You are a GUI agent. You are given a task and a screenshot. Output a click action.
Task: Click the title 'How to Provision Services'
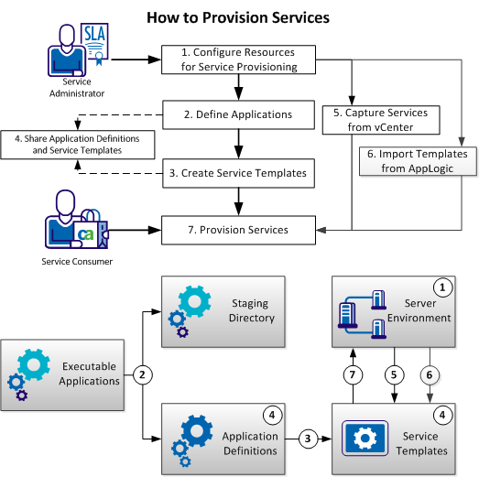238,18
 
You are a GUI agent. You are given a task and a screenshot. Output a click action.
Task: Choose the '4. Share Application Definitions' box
77,143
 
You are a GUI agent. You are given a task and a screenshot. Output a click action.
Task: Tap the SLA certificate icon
96,40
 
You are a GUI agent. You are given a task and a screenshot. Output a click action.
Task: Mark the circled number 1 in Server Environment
443,287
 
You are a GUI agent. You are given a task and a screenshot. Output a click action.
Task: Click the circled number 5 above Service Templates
394,374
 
